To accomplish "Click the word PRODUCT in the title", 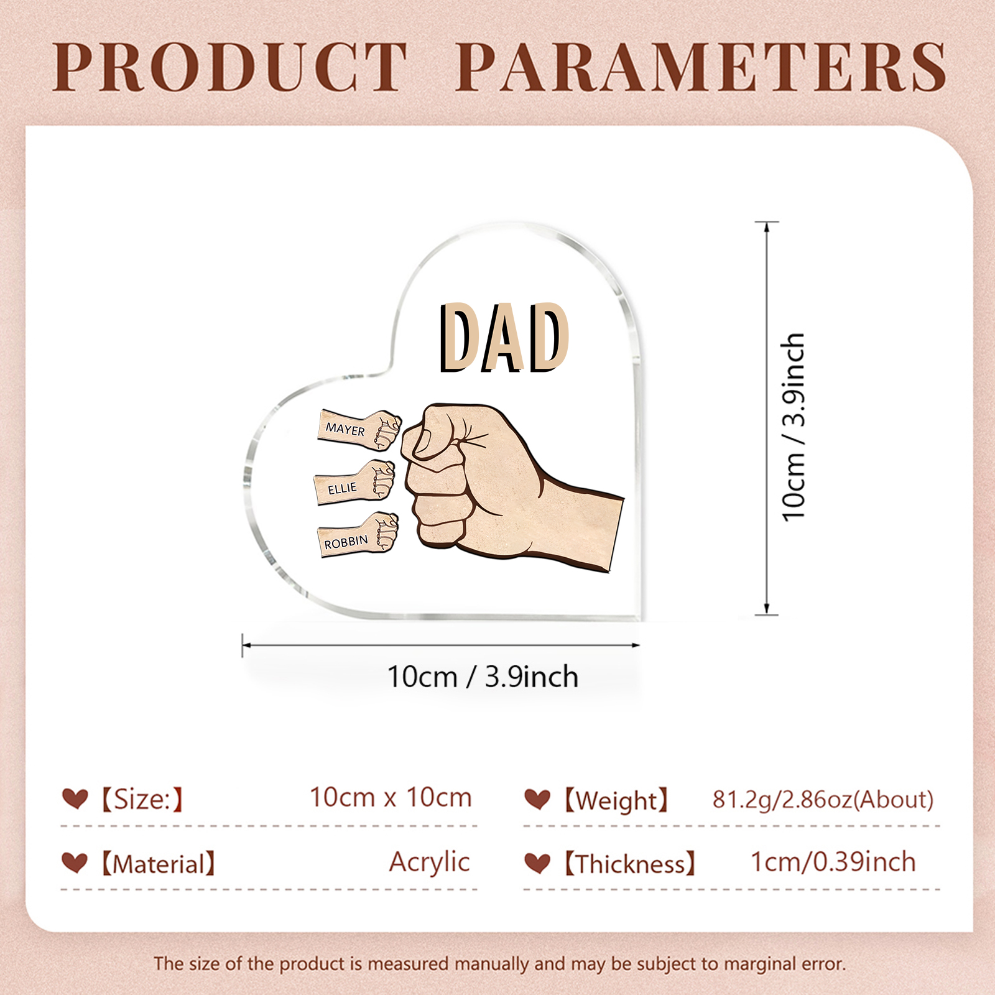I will (230, 67).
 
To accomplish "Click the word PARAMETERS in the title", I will (701, 67).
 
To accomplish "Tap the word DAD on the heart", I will (504, 338).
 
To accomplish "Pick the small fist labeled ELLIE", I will (355, 481).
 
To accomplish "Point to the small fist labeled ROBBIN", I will (358, 534).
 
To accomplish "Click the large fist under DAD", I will (497, 485).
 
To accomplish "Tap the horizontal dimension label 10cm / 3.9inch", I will (483, 677).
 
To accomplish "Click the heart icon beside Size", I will (75, 798).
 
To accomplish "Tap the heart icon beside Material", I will (75, 863).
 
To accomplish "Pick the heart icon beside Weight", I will (537, 799).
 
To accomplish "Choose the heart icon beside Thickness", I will (537, 863).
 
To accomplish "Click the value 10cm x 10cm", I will (391, 797).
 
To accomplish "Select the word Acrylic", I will (429, 863).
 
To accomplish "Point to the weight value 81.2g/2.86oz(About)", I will (823, 799).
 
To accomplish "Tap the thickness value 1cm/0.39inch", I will (833, 862).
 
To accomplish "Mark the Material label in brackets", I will (158, 864).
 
